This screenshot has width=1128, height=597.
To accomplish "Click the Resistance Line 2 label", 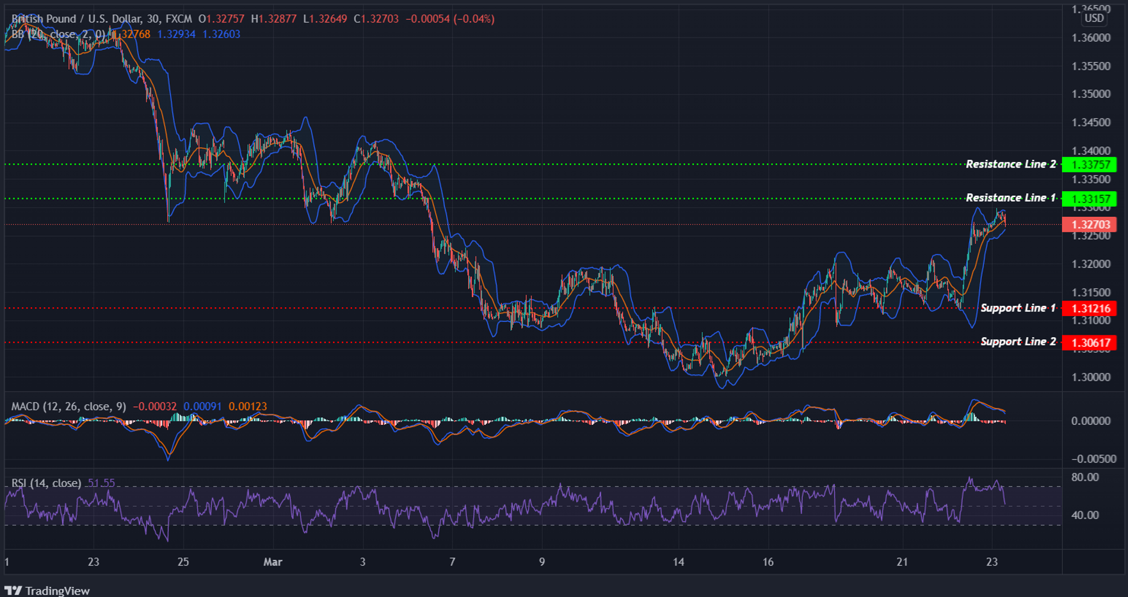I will (1011, 164).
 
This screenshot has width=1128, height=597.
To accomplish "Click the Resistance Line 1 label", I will (1011, 198).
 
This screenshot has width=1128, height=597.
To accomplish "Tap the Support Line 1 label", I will (1018, 308).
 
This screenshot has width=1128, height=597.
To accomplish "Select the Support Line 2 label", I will (1018, 342).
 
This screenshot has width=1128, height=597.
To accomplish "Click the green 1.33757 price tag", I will (1090, 165).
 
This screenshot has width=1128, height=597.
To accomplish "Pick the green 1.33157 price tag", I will (1090, 199).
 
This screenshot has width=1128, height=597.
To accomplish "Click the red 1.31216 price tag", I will (1090, 308).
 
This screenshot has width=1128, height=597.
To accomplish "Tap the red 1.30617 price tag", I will (1090, 343).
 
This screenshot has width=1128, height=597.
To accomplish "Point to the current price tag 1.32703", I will (1090, 225).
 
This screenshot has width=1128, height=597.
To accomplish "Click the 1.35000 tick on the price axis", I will (1091, 94).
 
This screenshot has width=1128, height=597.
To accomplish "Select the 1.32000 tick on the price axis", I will (1091, 264).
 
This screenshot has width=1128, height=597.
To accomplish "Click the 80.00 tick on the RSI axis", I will (1085, 477).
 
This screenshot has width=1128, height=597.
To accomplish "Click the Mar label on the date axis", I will (273, 562).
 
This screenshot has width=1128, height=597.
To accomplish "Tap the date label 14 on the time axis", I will (678, 562).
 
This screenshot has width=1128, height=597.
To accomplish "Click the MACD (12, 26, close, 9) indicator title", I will (68, 406).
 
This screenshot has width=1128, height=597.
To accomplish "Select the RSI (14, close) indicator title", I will (46, 483).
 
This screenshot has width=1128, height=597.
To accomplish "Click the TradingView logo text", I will (57, 591).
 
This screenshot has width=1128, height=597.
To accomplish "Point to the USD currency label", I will (1094, 18).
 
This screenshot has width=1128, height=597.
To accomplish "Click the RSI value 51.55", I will (101, 483).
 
